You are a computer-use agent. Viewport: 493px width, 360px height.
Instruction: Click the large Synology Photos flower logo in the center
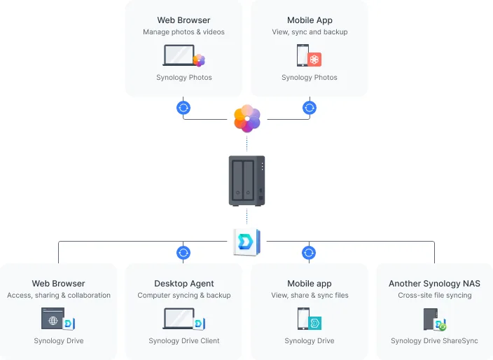246,118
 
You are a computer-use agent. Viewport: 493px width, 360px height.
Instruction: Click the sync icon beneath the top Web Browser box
183,108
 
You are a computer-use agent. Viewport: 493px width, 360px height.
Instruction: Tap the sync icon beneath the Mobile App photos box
309,108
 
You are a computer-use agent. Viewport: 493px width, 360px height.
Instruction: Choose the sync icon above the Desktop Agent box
183,253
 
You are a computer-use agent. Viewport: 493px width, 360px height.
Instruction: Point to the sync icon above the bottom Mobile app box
309,253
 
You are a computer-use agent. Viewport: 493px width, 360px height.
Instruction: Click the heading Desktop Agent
184,284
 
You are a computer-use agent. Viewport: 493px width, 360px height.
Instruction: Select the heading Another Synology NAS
434,284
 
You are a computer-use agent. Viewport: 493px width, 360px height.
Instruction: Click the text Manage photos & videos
183,32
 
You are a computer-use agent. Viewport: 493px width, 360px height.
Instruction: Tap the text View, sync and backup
310,32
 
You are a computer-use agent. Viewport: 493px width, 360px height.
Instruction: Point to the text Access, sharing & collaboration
59,296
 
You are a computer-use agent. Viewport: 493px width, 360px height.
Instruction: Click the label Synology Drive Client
184,341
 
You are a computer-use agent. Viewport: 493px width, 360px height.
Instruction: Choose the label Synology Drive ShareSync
434,341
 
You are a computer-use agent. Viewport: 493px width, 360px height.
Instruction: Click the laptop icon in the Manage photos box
179,55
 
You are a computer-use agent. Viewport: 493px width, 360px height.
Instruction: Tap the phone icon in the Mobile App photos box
303,55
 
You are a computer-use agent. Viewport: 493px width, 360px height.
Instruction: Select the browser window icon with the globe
53,319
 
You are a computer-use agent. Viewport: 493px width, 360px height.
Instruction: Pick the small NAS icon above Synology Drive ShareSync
431,319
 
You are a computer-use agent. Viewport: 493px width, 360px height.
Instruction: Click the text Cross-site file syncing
434,296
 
